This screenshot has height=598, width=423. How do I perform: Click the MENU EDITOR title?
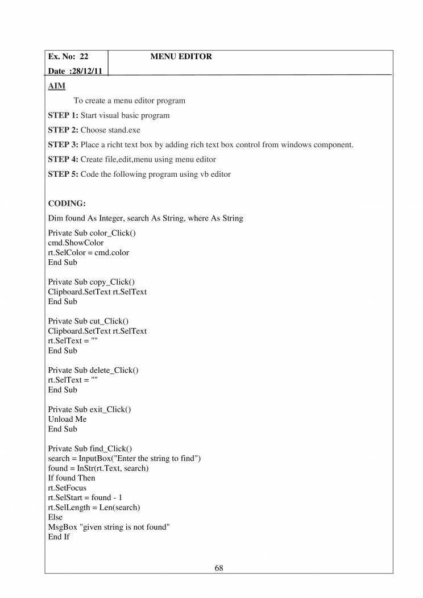[x=181, y=57]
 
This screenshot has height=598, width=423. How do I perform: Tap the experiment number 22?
[x=84, y=57]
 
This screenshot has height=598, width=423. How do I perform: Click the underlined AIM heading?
[x=56, y=86]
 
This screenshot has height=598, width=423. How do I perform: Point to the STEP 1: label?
[x=63, y=115]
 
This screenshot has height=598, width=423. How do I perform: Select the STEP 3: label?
[x=63, y=145]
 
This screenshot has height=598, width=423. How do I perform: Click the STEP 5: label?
[x=63, y=175]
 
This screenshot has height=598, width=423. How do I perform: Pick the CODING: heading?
[x=67, y=204]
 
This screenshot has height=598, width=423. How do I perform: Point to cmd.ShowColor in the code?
[x=76, y=243]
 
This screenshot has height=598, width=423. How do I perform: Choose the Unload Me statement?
[x=67, y=419]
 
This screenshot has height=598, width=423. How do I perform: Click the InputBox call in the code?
[x=98, y=458]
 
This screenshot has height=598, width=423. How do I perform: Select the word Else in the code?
[x=55, y=517]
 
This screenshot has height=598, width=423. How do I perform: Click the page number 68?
[x=219, y=567]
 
